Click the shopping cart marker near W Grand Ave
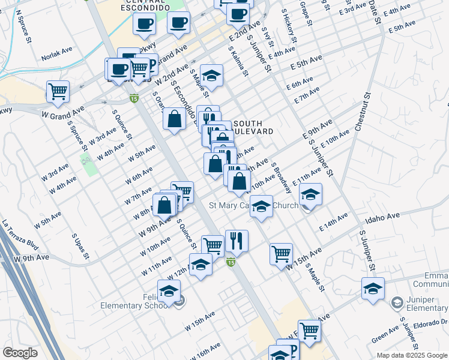[58, 91]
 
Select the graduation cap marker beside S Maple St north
[211, 75]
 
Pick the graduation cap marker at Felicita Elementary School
[169, 291]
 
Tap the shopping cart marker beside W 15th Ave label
[281, 253]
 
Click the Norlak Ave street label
[56, 58]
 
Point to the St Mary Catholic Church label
[253, 206]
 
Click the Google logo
[20, 353]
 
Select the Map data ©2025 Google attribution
[412, 355]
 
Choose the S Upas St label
[80, 247]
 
